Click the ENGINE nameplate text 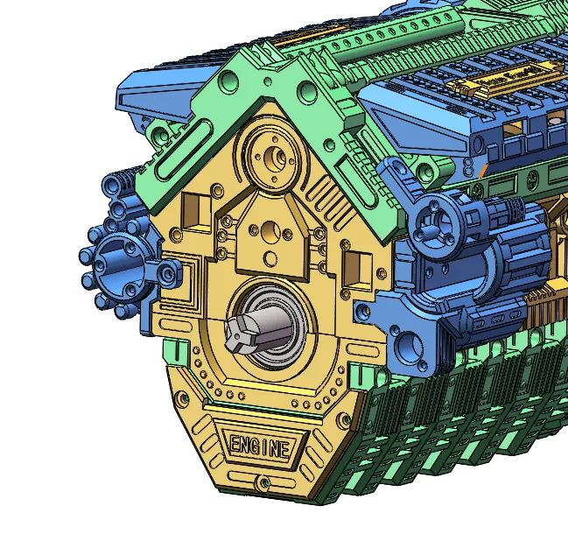click(258, 446)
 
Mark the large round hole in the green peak click(308, 91)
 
